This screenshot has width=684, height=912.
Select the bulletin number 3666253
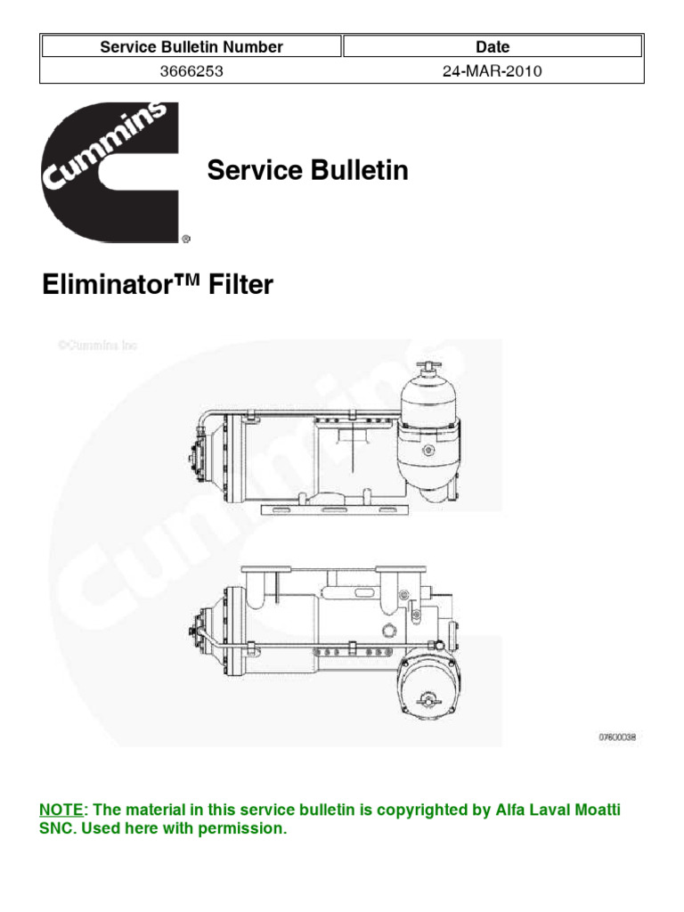click(x=191, y=72)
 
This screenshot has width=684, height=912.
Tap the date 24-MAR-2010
click(x=492, y=72)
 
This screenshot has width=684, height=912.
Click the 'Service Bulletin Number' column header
click(x=191, y=47)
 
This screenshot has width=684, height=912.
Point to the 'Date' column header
click(x=493, y=47)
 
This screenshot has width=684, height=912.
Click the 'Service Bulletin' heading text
click(x=307, y=170)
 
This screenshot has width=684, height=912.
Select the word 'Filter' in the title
click(x=241, y=285)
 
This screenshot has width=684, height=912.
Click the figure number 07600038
click(x=618, y=737)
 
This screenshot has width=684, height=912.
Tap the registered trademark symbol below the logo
click(x=185, y=239)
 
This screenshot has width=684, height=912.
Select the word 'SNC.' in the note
click(x=61, y=829)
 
